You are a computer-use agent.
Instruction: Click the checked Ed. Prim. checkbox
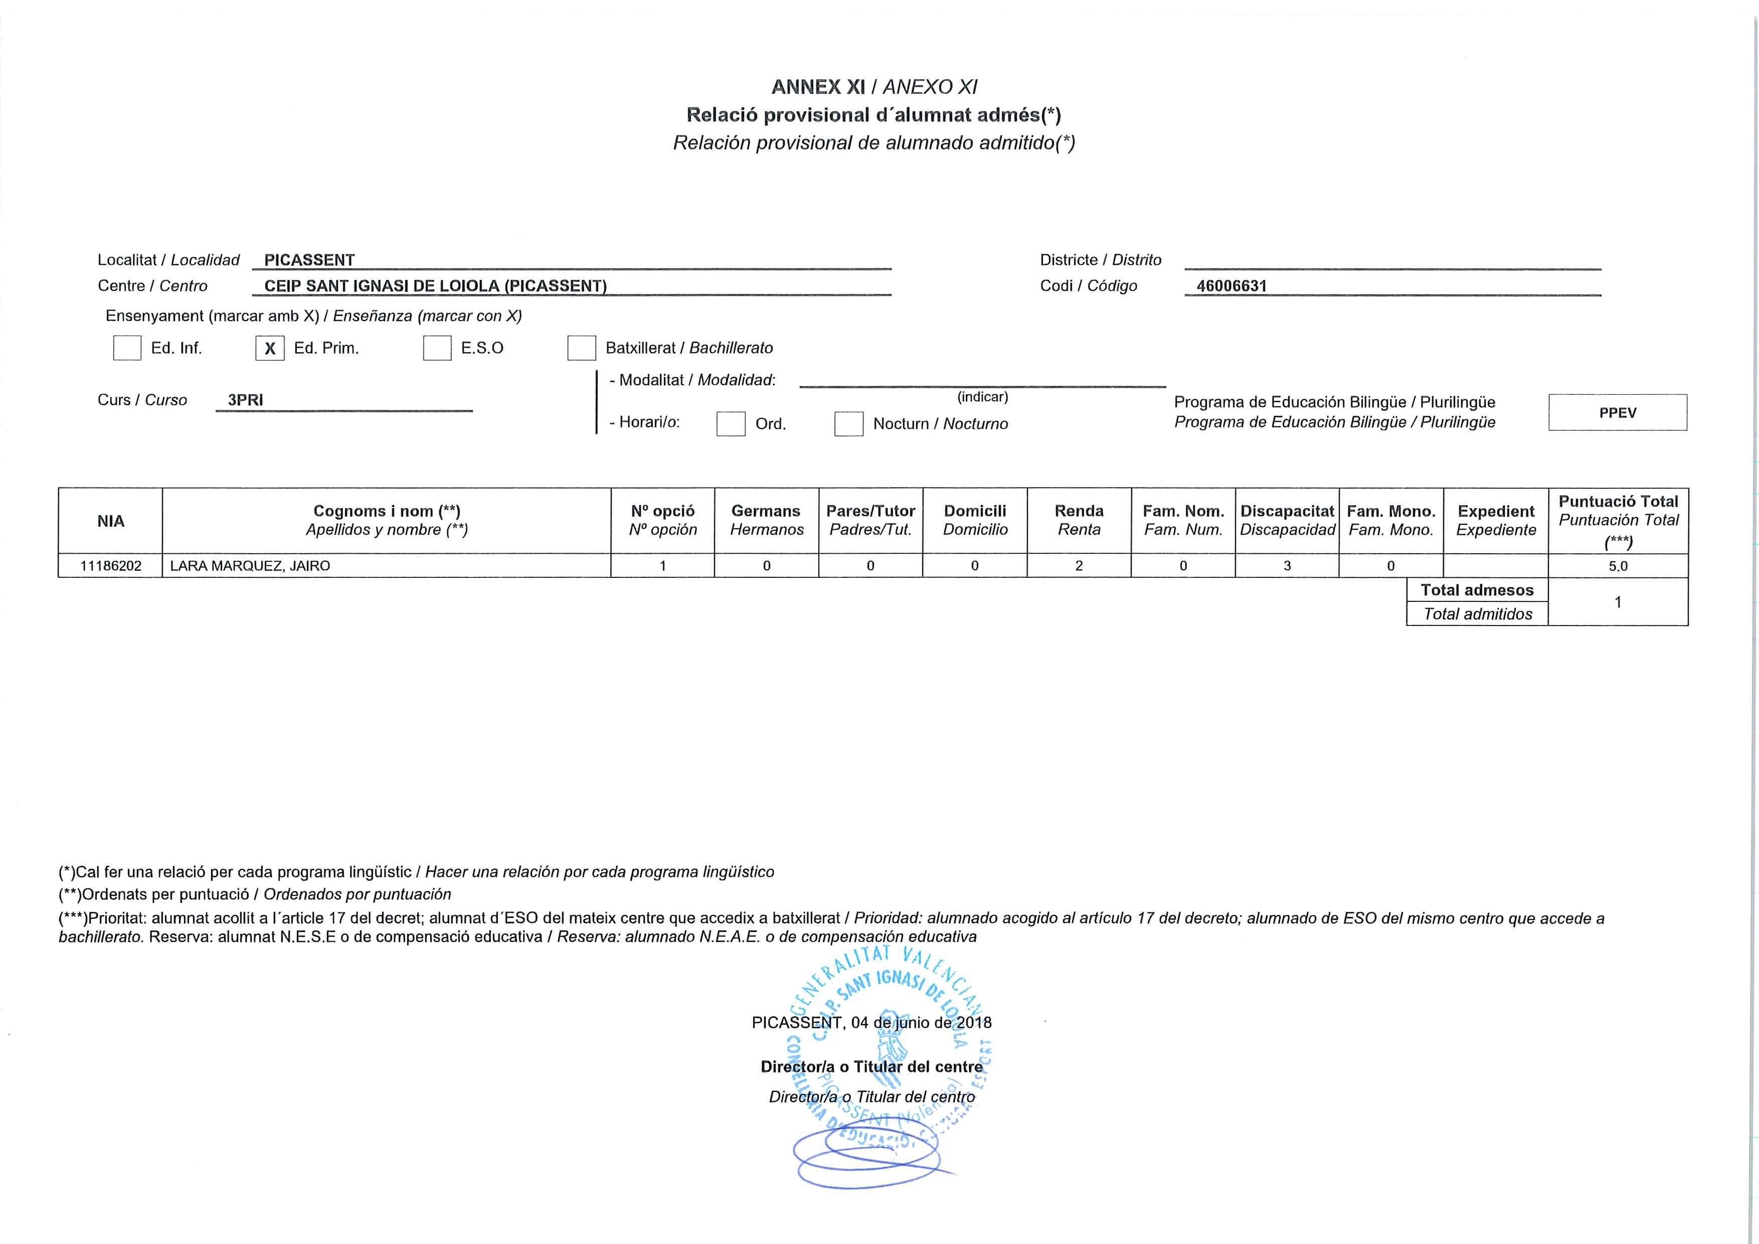[x=270, y=348]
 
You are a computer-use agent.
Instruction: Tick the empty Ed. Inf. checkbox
[x=127, y=348]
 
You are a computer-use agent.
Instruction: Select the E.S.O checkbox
[x=437, y=348]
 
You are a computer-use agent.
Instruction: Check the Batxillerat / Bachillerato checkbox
[x=582, y=348]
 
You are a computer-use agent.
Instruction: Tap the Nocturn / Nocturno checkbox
[x=848, y=424]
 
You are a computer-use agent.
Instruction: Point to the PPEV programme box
[x=1617, y=412]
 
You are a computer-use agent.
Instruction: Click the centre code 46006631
[x=1231, y=286]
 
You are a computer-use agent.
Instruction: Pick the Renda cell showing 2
[x=1079, y=566]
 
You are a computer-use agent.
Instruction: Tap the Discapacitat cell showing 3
[x=1287, y=566]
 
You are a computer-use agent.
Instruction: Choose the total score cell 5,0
[x=1618, y=566]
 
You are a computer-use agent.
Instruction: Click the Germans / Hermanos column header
[x=766, y=521]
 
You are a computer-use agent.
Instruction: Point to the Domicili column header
[x=974, y=521]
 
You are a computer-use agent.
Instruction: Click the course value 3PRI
[x=245, y=400]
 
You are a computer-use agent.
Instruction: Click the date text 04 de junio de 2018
[x=921, y=1022]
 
